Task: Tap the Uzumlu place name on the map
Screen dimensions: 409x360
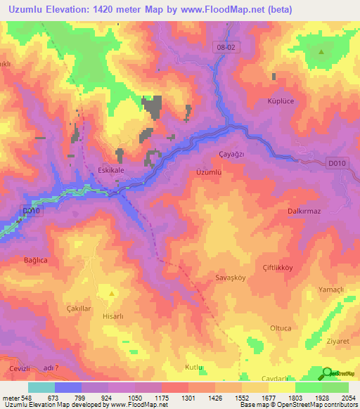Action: (x=209, y=171)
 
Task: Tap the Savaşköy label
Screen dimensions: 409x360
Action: (x=229, y=278)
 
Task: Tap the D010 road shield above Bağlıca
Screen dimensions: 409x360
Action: (x=32, y=210)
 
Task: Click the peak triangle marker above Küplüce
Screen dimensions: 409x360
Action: (x=321, y=51)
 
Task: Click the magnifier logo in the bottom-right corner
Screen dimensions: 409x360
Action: (x=326, y=373)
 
